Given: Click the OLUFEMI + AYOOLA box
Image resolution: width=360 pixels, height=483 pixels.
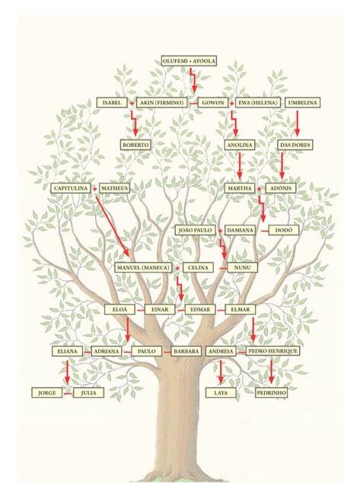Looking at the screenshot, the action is (189, 61).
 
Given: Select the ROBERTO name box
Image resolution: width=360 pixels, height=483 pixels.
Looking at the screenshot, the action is (135, 145).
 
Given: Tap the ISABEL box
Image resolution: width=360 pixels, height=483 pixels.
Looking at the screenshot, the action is (112, 103).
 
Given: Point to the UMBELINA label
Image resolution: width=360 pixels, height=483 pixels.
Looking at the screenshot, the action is (302, 103).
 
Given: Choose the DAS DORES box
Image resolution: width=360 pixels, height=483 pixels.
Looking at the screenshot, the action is (295, 145).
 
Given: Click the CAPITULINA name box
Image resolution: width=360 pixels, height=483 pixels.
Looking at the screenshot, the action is (71, 188).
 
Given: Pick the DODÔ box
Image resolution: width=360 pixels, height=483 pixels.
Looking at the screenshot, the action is (283, 230).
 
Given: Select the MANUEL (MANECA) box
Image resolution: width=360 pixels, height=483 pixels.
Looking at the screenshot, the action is (143, 267).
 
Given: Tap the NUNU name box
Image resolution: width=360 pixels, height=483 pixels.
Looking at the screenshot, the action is (243, 267).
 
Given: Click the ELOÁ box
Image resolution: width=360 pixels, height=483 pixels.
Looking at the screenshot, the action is (119, 309).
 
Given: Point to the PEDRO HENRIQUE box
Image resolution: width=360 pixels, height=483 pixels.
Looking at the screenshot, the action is (273, 351).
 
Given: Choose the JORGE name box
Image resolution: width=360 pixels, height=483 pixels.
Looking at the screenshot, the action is (46, 393).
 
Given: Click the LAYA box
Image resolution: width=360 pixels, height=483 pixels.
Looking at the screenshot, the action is (221, 393).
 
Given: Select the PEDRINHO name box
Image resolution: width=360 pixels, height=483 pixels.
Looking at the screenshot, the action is (272, 393).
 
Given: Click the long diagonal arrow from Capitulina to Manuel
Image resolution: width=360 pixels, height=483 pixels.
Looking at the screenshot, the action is (113, 226).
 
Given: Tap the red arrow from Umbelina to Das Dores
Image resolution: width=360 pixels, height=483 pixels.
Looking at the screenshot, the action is (298, 123).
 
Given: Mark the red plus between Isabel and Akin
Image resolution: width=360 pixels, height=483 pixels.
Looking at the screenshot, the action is (132, 103).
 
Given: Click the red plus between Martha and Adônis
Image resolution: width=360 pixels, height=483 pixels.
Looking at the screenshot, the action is (260, 188).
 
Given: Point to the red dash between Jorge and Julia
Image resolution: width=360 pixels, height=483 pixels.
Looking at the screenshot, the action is (68, 393).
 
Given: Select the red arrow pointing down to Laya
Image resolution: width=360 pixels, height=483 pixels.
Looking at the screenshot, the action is (221, 372).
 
